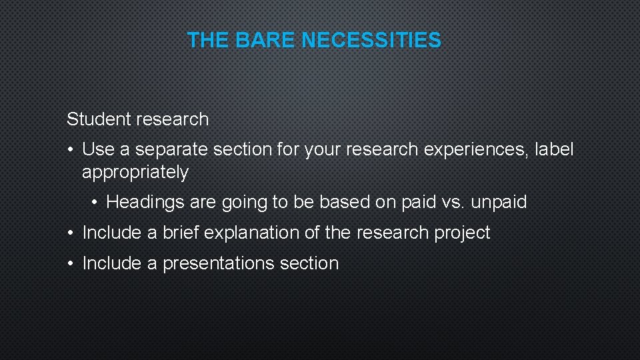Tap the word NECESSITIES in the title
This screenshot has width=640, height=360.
(x=371, y=41)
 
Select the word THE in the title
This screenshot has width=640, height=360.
(x=208, y=41)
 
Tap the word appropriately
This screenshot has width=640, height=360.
(x=135, y=173)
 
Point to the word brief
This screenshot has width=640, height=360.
(x=181, y=233)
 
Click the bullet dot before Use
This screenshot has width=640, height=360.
(x=70, y=150)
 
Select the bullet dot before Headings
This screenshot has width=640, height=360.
(x=95, y=202)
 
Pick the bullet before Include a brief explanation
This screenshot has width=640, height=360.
(x=70, y=233)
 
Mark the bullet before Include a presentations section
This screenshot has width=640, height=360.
(x=70, y=263)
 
